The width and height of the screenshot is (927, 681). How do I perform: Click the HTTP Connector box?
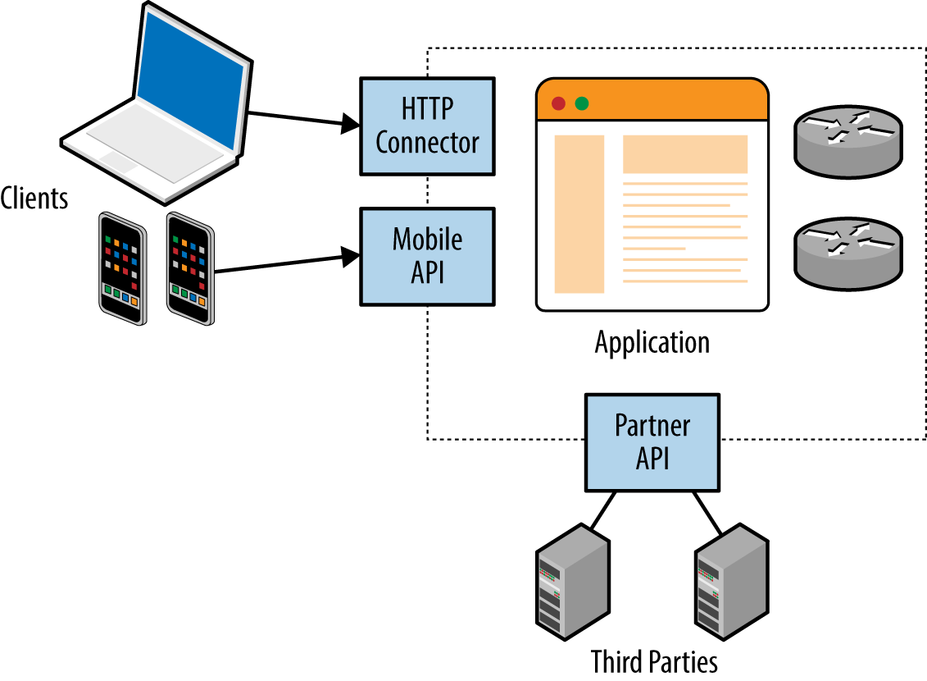pos(427,126)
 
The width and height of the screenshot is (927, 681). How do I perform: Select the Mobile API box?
pos(427,257)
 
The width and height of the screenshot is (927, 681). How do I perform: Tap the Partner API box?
pos(652,441)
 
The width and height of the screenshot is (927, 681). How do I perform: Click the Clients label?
pos(34,198)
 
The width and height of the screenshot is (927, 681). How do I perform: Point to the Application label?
pos(652,341)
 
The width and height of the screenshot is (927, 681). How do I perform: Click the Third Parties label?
pos(653,660)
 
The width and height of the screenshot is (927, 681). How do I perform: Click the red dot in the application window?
pos(558,103)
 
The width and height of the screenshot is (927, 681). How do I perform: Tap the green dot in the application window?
pos(581,103)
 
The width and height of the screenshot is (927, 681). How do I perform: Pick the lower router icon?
pos(847,249)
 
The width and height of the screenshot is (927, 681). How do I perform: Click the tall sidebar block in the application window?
pos(579,214)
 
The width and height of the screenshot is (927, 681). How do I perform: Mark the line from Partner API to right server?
pos(708,513)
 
